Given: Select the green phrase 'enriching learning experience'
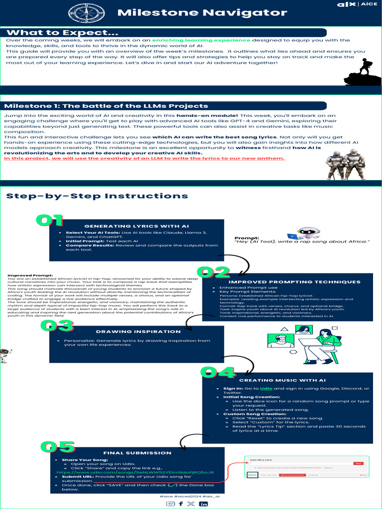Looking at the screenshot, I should (x=201, y=40).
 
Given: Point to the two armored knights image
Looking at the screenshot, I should (x=345, y=165).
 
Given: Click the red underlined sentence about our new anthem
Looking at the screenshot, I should (x=144, y=158).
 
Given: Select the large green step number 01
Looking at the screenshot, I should (x=49, y=220).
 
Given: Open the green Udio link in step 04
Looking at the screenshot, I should (x=267, y=388).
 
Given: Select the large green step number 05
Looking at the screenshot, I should (x=57, y=446).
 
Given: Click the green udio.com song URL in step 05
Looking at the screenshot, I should (x=135, y=472).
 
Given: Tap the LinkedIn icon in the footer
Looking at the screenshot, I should (x=203, y=504).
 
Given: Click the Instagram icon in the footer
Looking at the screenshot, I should (x=170, y=504).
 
